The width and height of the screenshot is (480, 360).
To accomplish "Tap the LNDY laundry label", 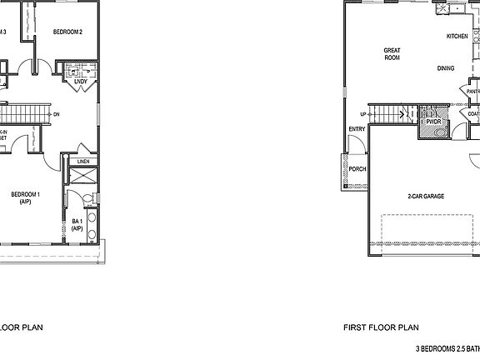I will pyautogui.click(x=81, y=82).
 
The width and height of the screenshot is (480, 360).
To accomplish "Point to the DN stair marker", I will pyautogui.click(x=56, y=114).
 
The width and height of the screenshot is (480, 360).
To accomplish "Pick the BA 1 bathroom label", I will pyautogui.click(x=77, y=224).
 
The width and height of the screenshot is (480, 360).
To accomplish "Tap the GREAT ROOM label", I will pyautogui.click(x=392, y=54).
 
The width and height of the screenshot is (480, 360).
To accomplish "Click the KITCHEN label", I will pyautogui.click(x=457, y=37).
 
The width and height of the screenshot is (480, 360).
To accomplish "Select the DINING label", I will pyautogui.click(x=446, y=68).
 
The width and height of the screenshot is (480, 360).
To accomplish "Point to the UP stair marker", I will pyautogui.click(x=363, y=114).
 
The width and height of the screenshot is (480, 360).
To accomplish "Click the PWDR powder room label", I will pyautogui.click(x=432, y=122).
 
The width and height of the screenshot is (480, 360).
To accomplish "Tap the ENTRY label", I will pyautogui.click(x=357, y=129).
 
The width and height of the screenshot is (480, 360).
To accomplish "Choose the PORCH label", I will pyautogui.click(x=357, y=169).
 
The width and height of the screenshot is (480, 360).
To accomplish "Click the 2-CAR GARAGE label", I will pyautogui.click(x=425, y=197).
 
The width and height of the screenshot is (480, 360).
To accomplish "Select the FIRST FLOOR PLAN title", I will pyautogui.click(x=382, y=327).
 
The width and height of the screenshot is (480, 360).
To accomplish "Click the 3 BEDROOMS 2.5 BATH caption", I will pyautogui.click(x=447, y=347).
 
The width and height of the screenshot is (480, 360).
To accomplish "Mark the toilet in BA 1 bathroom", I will pyautogui.click(x=87, y=198).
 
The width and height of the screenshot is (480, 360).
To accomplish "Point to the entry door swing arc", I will pyautogui.click(x=357, y=143).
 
